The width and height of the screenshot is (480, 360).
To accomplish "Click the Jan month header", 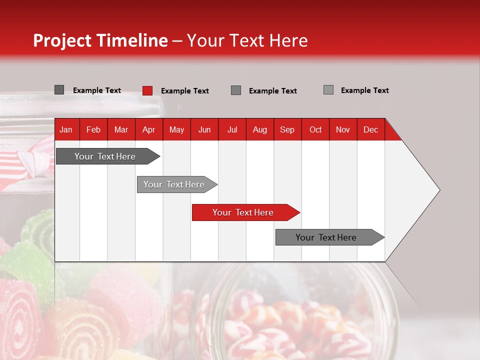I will click(66, 129).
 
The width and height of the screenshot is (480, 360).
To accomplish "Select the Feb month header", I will click(93, 129).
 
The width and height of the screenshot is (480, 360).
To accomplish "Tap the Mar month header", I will click(121, 129).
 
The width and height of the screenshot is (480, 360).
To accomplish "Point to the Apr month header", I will click(149, 129).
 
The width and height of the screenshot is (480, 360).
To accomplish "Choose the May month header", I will click(176, 129).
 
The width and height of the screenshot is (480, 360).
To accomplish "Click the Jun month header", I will click(204, 129).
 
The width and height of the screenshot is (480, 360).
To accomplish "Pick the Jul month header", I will click(232, 129).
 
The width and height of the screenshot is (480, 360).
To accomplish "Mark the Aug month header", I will click(260, 129).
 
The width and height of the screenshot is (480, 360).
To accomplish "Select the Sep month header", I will click(287, 129).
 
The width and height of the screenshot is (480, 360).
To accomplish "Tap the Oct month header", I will click(315, 129).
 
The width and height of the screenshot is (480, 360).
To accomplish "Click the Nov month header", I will click(343, 129).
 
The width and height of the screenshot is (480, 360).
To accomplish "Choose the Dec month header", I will click(371, 129).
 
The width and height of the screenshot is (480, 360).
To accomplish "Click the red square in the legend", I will click(147, 90).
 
